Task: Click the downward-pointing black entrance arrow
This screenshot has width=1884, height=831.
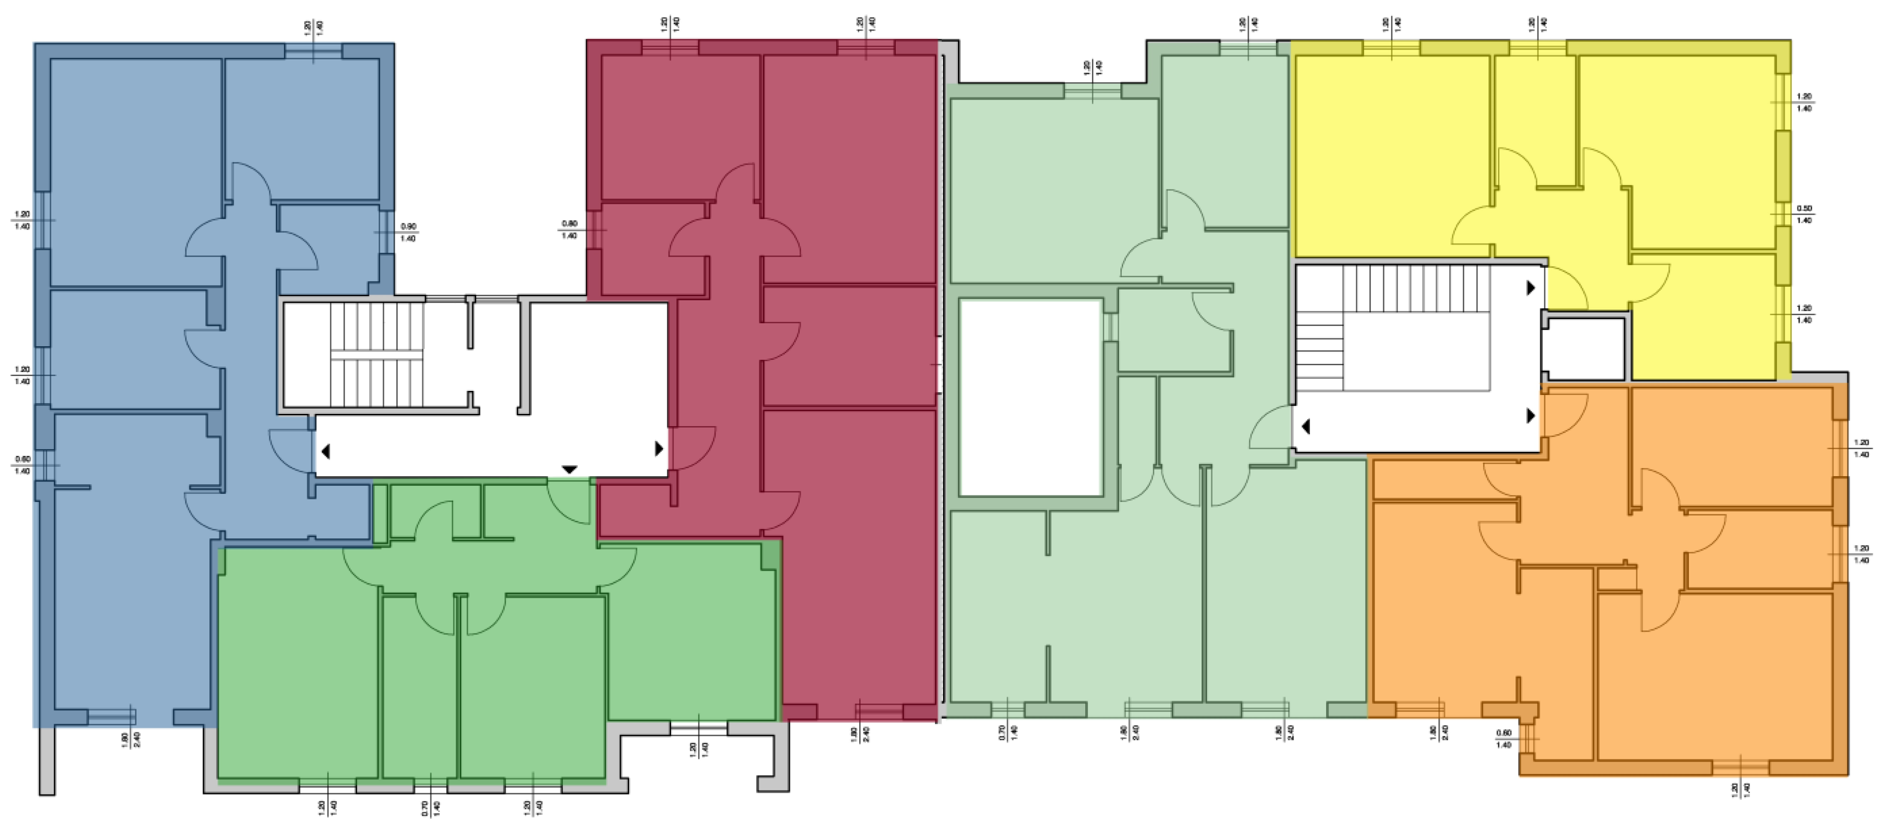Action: (x=569, y=469)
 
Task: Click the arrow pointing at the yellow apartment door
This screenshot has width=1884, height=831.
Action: (x=1530, y=288)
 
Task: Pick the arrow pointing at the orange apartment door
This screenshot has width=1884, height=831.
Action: (x=1530, y=415)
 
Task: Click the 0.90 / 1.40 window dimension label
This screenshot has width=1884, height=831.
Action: (x=408, y=232)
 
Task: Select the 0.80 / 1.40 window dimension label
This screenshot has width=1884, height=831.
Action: (x=569, y=230)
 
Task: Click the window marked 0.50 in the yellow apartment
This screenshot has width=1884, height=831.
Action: (x=1783, y=214)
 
